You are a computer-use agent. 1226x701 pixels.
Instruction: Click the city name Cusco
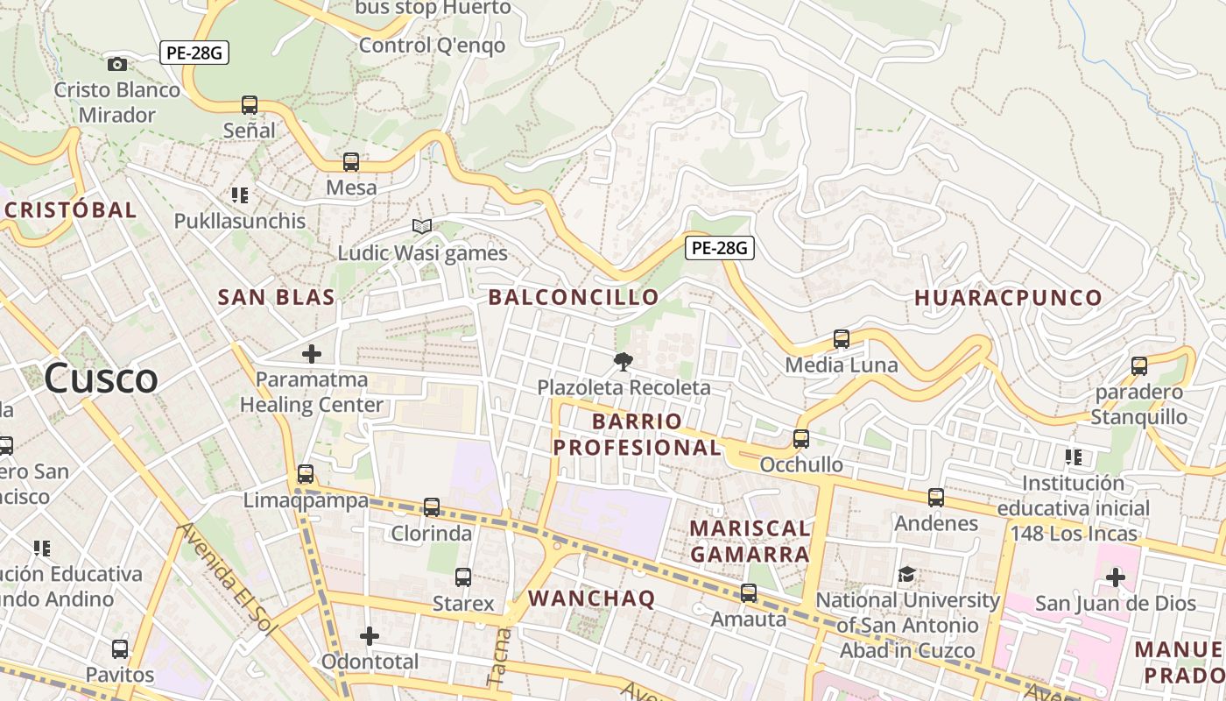coord(101,379)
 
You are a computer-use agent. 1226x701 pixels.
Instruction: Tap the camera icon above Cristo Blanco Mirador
coord(116,64)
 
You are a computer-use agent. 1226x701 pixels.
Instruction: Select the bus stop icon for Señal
coord(250,105)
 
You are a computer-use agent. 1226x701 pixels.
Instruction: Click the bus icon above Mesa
coord(351,162)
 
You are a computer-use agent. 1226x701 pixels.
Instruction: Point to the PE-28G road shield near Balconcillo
coord(719,248)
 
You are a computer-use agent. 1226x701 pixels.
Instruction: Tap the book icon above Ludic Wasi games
coord(422,227)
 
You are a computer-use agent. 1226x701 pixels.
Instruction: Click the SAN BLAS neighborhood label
coord(276,297)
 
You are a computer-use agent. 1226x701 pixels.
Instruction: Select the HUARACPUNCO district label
coord(1008,298)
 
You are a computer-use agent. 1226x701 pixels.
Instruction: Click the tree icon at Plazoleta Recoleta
coord(624,361)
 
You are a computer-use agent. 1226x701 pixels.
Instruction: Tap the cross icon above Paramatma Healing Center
coord(311,354)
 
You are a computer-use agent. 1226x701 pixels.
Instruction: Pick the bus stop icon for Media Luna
coord(842,339)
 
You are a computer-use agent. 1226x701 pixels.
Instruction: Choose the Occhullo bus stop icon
coord(801,439)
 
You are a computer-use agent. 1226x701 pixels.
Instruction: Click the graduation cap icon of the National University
coord(907,575)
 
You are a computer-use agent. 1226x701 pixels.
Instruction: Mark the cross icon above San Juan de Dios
coord(1115,577)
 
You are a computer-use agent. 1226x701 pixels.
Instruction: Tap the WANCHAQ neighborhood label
coord(592,598)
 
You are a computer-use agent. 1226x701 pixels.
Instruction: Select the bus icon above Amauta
coord(749,593)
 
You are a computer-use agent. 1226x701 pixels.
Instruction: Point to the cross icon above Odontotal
coord(370,635)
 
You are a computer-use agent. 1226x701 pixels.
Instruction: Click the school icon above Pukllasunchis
coord(240,195)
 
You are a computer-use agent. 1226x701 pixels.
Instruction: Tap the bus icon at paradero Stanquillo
coord(1139,366)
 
